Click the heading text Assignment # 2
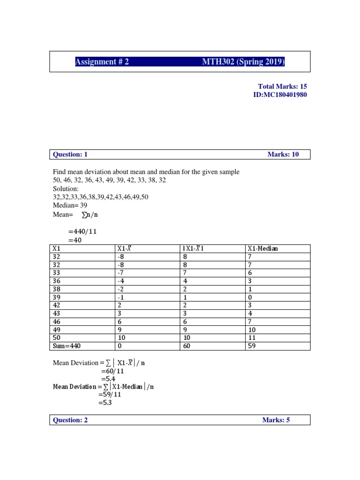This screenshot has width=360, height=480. point(102,62)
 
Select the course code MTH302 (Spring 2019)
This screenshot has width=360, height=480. point(243,62)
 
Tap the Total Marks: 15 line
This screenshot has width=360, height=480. point(282,86)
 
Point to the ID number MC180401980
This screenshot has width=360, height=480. point(280,95)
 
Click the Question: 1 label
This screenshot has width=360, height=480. point(70,154)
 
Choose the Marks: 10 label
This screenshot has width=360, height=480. point(283,154)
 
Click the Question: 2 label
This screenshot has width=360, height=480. point(70,420)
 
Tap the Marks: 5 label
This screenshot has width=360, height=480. point(276,420)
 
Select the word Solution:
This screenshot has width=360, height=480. point(66,188)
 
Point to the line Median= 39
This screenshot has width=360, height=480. point(70,205)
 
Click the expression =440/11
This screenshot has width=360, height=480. point(82,232)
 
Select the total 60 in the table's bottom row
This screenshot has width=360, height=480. point(187,346)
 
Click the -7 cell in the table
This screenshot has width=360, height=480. point(121,273)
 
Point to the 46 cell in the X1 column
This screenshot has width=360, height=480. point(57,322)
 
